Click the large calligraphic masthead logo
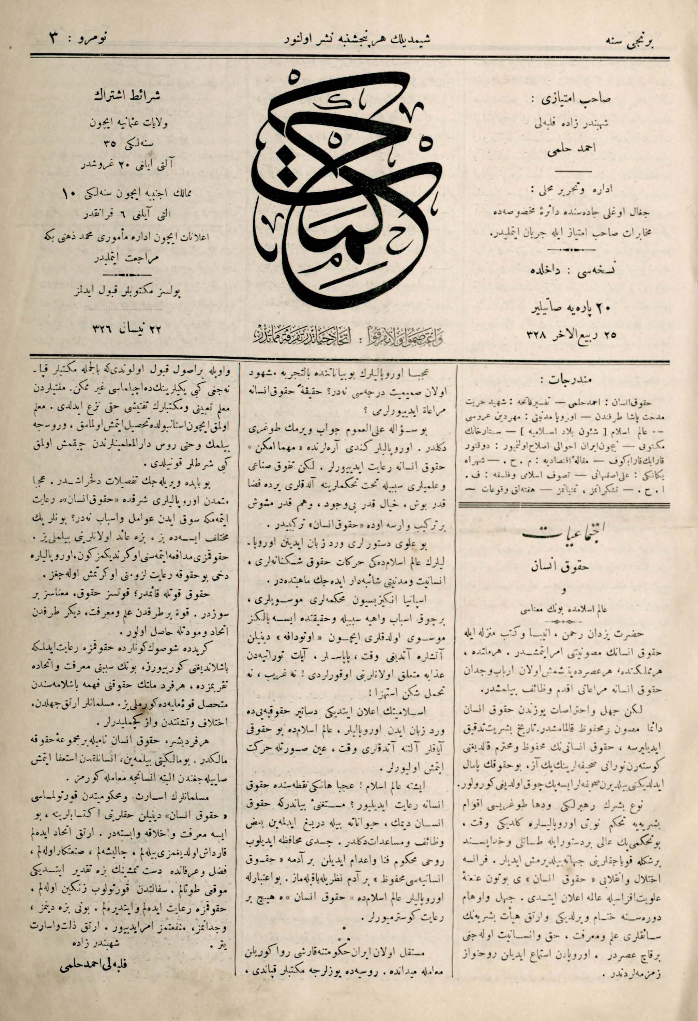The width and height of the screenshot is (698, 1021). pyautogui.click(x=347, y=184)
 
